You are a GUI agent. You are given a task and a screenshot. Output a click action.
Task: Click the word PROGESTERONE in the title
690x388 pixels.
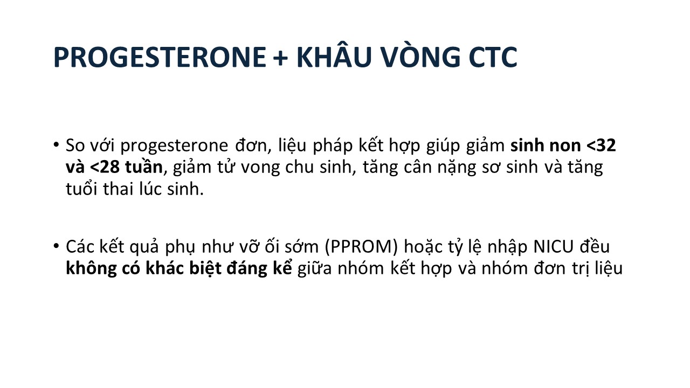click(x=160, y=57)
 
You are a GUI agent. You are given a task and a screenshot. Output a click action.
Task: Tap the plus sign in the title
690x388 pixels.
click(x=281, y=58)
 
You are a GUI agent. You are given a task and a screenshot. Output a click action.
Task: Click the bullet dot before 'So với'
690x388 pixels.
click(x=56, y=144)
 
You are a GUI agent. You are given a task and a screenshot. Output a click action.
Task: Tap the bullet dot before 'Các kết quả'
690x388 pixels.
click(x=56, y=246)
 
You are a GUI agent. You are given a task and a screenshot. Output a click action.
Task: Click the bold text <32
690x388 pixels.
click(x=601, y=145)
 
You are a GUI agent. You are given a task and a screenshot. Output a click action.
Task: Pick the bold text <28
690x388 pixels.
click(x=105, y=167)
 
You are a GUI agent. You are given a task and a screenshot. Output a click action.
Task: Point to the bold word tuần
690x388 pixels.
click(x=144, y=167)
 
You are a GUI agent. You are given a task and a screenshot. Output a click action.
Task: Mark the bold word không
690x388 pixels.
click(x=91, y=269)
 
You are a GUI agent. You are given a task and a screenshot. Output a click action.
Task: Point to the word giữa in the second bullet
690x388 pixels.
click(x=314, y=269)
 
